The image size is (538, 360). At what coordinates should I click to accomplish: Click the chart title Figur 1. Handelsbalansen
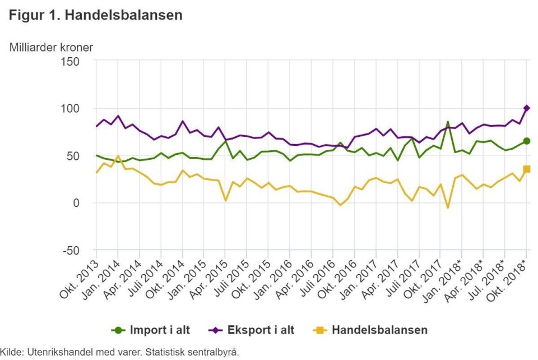pos(96,15)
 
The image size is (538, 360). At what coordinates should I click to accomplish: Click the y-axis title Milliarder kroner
pos(51,47)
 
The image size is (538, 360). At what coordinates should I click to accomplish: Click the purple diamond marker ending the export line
pos(527,108)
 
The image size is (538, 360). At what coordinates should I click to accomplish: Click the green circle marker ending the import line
pos(527,141)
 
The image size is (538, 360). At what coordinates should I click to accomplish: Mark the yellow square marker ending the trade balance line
pos(527,169)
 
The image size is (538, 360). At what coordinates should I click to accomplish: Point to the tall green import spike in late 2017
pos(448,122)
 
